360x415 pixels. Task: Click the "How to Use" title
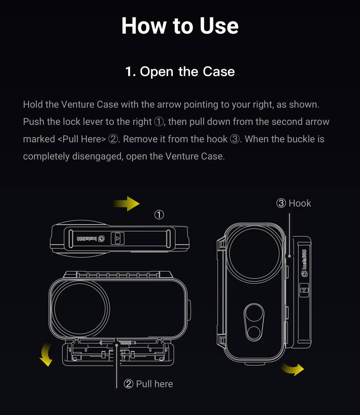pos(180,25)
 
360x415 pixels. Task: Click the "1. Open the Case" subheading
pos(180,71)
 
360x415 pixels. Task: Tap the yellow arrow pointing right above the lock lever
pos(126,203)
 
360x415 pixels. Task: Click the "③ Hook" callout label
pos(294,203)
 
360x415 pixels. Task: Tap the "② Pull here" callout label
pos(148,384)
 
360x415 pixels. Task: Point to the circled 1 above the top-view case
pos(159,214)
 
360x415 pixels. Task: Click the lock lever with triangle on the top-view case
pos(118,239)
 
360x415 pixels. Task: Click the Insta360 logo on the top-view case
pos(90,239)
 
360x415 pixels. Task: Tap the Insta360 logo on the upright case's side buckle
pos(304,263)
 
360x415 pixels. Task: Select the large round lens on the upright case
pos(254,253)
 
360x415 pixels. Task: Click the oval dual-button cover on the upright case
pos(254,322)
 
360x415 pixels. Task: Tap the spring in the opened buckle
pos(125,343)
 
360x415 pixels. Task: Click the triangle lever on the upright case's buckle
pos(304,290)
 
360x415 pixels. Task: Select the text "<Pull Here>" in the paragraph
pos(82,139)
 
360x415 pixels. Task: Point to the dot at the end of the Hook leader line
pos(289,256)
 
